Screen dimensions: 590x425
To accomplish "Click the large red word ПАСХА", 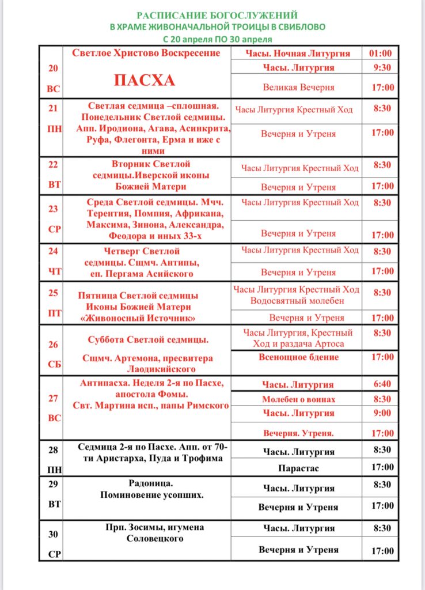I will coord(145,80).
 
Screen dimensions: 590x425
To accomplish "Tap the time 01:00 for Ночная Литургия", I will coord(380,54).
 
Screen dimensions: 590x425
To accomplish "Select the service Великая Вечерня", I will coord(298,88).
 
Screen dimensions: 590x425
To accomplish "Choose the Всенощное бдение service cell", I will coord(298,357).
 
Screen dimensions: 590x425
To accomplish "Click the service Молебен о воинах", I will coord(298,399).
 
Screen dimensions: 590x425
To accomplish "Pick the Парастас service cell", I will coord(298,468).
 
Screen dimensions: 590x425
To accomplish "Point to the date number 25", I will coord(53,293).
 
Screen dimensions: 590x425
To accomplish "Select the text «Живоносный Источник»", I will coord(138,318).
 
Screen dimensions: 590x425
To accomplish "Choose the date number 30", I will coord(53,534).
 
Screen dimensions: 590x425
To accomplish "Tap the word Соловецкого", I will coord(155,539).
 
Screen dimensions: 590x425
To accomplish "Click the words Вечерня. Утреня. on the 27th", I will coord(298,433).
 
